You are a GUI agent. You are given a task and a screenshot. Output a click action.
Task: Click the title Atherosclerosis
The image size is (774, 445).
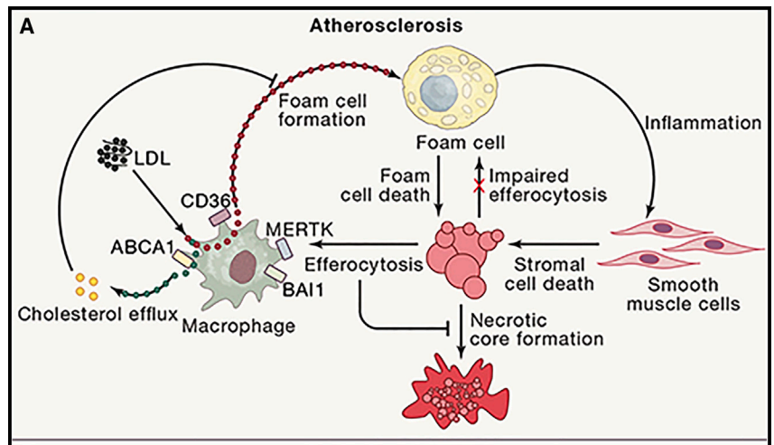(x=386, y=25)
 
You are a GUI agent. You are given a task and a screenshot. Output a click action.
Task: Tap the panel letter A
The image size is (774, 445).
(x=27, y=26)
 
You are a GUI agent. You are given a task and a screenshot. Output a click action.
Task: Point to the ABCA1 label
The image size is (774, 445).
(x=144, y=244)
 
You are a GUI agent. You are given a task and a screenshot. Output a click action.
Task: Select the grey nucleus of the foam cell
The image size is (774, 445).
(x=440, y=90)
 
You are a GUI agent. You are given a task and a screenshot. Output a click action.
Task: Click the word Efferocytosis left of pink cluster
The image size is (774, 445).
(x=364, y=266)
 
